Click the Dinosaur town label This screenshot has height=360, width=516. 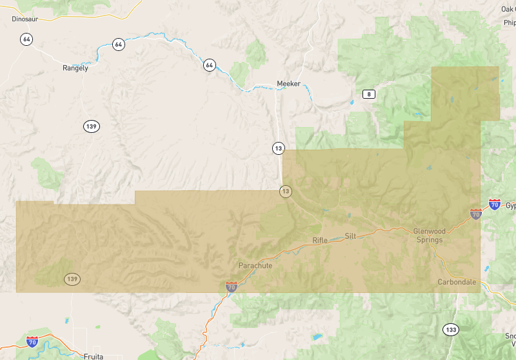pos(25,19)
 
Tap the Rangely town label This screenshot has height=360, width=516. pos(75,68)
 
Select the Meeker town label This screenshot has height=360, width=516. pos(288,84)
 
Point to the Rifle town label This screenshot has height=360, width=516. pos(320,241)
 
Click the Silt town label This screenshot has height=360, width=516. pos(350,236)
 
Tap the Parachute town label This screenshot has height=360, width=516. pos(255,266)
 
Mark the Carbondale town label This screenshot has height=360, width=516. pos(457,283)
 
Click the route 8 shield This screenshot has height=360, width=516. pos(368,94)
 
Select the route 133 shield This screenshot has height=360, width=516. pos(450,330)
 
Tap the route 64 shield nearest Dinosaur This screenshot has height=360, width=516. pos(26,39)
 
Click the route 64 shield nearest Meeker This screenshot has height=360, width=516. pos(209,65)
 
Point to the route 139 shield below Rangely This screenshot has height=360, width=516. pos(90,126)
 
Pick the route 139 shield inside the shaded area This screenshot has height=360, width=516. pos(72,279)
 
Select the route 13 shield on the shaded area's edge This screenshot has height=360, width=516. pos(285,192)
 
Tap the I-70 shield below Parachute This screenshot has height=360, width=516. pos(232,286)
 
